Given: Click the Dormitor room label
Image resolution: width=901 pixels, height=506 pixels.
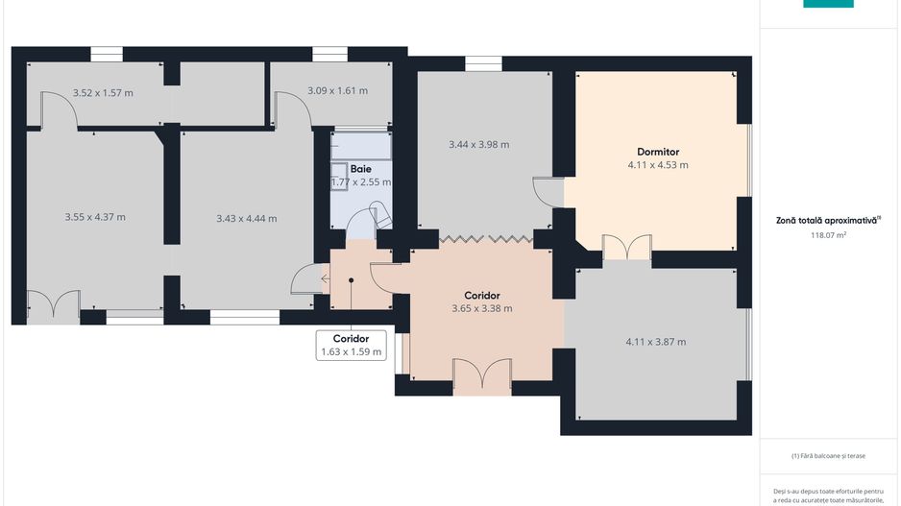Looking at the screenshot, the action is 658,152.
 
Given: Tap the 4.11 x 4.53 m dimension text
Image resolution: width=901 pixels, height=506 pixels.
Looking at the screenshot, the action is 658,165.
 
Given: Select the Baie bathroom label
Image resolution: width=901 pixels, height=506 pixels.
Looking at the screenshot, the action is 361,169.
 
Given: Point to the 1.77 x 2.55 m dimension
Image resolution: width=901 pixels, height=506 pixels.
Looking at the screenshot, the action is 361,182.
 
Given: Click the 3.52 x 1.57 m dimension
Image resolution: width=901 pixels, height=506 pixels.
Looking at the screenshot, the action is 103,92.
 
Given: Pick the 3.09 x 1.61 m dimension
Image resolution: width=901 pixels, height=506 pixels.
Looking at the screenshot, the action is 337,90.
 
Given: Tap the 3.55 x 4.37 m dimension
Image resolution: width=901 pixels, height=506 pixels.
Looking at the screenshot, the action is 95,217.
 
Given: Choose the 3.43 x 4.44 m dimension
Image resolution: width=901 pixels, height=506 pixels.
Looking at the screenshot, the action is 247,218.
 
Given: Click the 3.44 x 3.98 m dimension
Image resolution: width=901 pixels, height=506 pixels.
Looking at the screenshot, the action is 478,144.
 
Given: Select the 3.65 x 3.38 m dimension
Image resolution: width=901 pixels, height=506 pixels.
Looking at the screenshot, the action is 482,308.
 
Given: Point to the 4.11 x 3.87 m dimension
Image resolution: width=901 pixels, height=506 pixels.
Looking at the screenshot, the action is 656,342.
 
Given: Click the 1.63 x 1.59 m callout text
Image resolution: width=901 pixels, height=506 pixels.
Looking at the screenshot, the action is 352,352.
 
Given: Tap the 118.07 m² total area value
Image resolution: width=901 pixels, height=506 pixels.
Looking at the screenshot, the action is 828,235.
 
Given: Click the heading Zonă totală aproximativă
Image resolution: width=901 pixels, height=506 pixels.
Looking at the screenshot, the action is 827,220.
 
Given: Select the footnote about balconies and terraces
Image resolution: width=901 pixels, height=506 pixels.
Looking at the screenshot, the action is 828,456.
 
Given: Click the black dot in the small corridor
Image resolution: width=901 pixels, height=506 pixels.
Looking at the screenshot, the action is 352,280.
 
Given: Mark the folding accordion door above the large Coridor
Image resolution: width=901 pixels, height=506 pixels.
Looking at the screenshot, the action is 485,237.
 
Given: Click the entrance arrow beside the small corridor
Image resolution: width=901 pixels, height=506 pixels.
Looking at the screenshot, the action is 326,279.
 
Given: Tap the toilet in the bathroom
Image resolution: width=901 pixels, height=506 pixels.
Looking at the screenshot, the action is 381,214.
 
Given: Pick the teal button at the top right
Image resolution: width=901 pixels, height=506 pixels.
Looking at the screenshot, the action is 828,4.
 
